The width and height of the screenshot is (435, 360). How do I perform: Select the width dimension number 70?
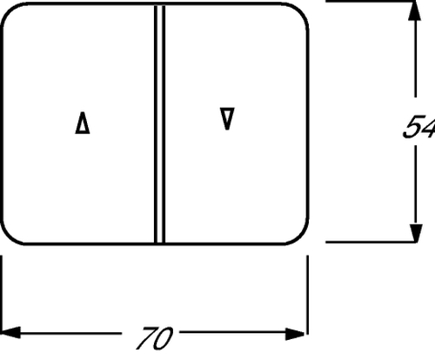155,338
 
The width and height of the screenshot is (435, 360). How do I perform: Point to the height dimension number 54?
419,127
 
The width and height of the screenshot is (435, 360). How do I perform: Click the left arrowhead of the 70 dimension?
10,332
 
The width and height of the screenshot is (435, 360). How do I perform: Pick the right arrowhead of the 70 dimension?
295,334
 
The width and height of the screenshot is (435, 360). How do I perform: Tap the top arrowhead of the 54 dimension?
415,10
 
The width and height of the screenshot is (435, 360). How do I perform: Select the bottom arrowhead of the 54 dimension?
416,233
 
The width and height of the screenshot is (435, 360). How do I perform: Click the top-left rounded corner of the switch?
10,10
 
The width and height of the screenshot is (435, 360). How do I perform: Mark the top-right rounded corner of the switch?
300,11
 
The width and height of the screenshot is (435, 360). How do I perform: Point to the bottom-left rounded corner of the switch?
10,237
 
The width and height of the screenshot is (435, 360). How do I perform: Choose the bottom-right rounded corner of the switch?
300,237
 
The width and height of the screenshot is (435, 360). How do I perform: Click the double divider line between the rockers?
159,124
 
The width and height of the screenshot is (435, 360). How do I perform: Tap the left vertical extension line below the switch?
2,295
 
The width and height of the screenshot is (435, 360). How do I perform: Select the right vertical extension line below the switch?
307,295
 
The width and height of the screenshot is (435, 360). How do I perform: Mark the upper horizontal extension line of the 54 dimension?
371,2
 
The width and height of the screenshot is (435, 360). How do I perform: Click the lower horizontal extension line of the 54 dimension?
371,242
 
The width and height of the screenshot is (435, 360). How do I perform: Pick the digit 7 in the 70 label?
146,338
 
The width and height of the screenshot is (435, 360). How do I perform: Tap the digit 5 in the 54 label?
413,127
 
